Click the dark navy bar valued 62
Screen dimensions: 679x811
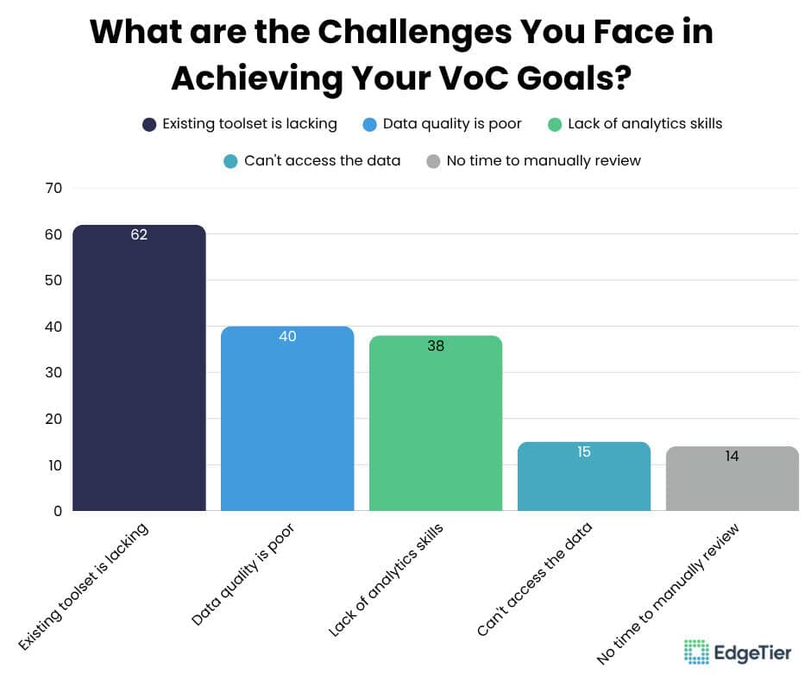(x=139, y=371)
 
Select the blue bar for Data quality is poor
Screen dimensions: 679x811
(x=287, y=422)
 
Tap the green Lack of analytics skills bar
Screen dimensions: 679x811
(x=436, y=427)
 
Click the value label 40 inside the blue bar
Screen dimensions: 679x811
(x=287, y=336)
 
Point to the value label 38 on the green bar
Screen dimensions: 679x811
(x=436, y=346)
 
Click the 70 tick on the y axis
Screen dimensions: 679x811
(x=53, y=188)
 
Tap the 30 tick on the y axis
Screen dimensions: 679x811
(x=53, y=373)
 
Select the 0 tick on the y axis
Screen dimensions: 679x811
(x=57, y=511)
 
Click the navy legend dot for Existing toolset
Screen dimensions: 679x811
(x=150, y=124)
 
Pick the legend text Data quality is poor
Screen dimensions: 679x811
(x=452, y=124)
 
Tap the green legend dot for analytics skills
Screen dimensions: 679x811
(x=555, y=124)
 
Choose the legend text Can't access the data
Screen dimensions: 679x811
(x=322, y=161)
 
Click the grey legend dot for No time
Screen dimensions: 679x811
(x=434, y=161)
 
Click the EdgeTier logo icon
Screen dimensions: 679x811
(x=696, y=652)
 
